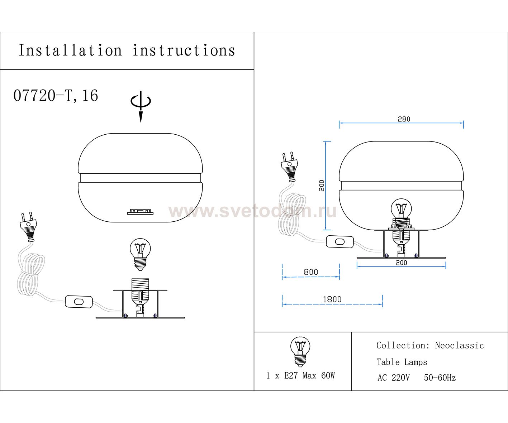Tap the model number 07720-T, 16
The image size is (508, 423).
click(56, 95)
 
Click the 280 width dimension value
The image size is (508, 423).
click(404, 119)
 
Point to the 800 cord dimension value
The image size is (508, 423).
click(311, 272)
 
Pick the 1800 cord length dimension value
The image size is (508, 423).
click(332, 299)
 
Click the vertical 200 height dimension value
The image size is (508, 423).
click(322, 186)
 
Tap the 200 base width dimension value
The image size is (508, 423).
click(401, 263)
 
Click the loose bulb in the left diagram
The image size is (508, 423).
click(140, 254)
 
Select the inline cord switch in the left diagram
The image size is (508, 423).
click(79, 302)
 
